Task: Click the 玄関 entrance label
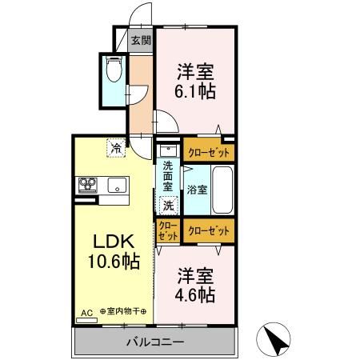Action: pyautogui.click(x=142, y=40)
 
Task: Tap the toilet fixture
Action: pyautogui.click(x=114, y=69)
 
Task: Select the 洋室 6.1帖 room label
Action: pyautogui.click(x=195, y=82)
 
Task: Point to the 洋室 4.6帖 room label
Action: pyautogui.click(x=195, y=285)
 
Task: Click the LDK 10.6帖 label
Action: pyautogui.click(x=114, y=251)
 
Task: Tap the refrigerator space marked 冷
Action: pyautogui.click(x=116, y=148)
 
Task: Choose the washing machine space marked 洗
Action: pyautogui.click(x=169, y=206)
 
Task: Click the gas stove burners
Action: pyautogui.click(x=87, y=185)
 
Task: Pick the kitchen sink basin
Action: pyautogui.click(x=117, y=185)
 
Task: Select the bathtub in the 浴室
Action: pyautogui.click(x=222, y=190)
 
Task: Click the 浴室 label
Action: pyautogui.click(x=197, y=190)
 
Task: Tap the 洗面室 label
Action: pyautogui.click(x=168, y=176)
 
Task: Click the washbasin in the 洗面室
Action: pyautogui.click(x=168, y=151)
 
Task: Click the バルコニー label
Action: pyautogui.click(x=155, y=342)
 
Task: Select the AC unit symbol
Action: pyautogui.click(x=86, y=320)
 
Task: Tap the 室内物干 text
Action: pyautogui.click(x=123, y=311)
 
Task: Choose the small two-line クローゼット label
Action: pyautogui.click(x=168, y=230)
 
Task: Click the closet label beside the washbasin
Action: pyautogui.click(x=209, y=153)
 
